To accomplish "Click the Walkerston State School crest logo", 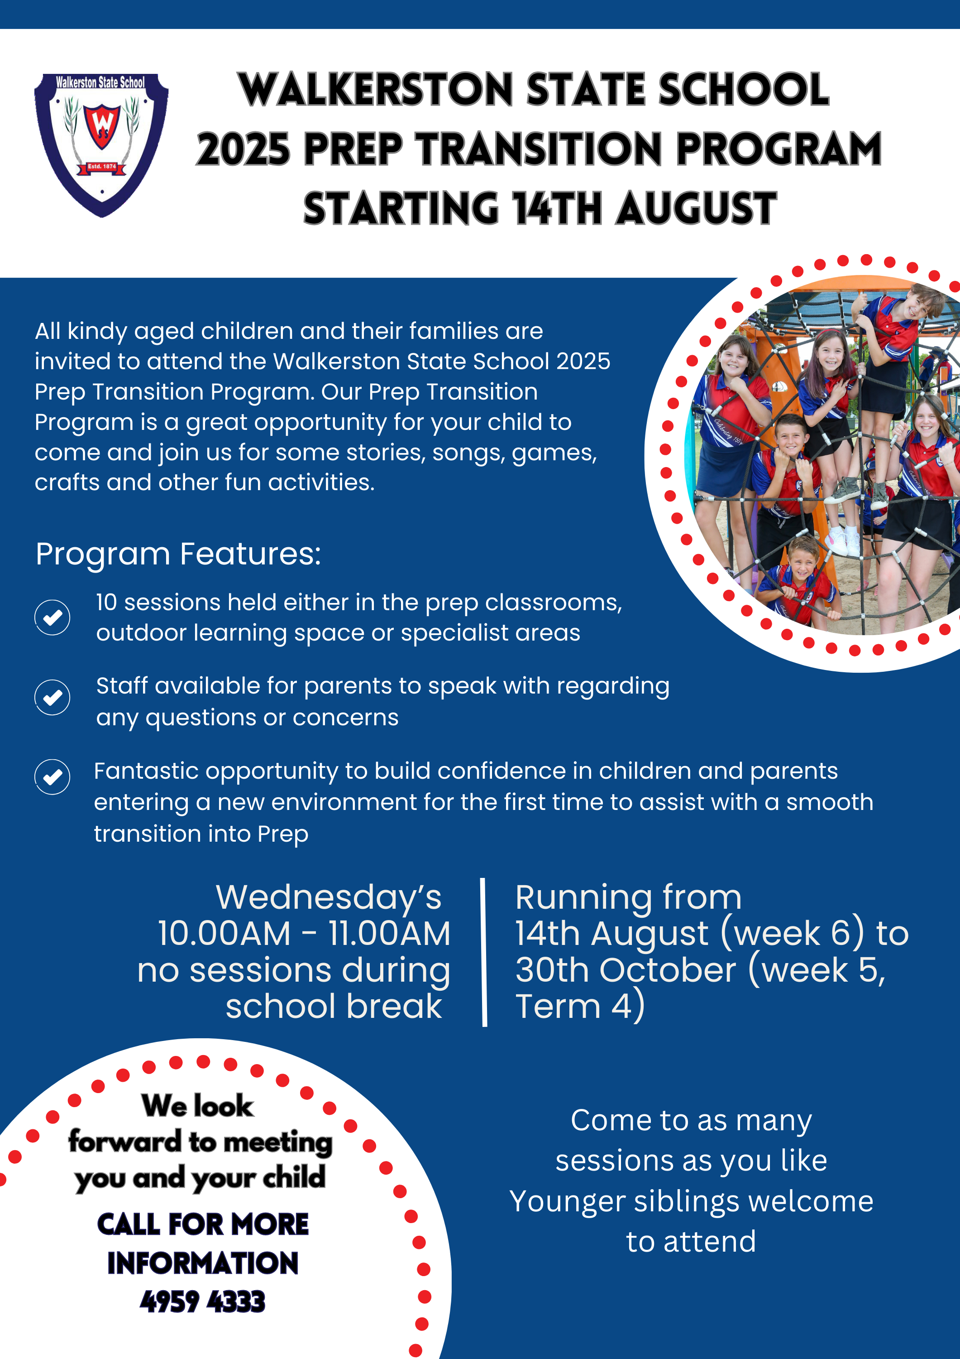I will (102, 145).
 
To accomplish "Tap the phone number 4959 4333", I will (203, 1301).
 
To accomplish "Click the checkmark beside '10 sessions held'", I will (53, 617).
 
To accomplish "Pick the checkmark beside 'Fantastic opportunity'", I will (53, 776).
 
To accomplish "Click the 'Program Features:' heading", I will (178, 554).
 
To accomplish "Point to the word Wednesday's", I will (328, 897).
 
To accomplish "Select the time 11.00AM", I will (389, 934).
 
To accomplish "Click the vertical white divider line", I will (484, 952).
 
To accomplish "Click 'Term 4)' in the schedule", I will (580, 1007).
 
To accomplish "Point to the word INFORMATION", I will (203, 1263).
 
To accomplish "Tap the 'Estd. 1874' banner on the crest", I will (102, 167).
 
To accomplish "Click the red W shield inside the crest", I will (102, 124).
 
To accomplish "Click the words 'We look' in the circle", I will (197, 1106).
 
